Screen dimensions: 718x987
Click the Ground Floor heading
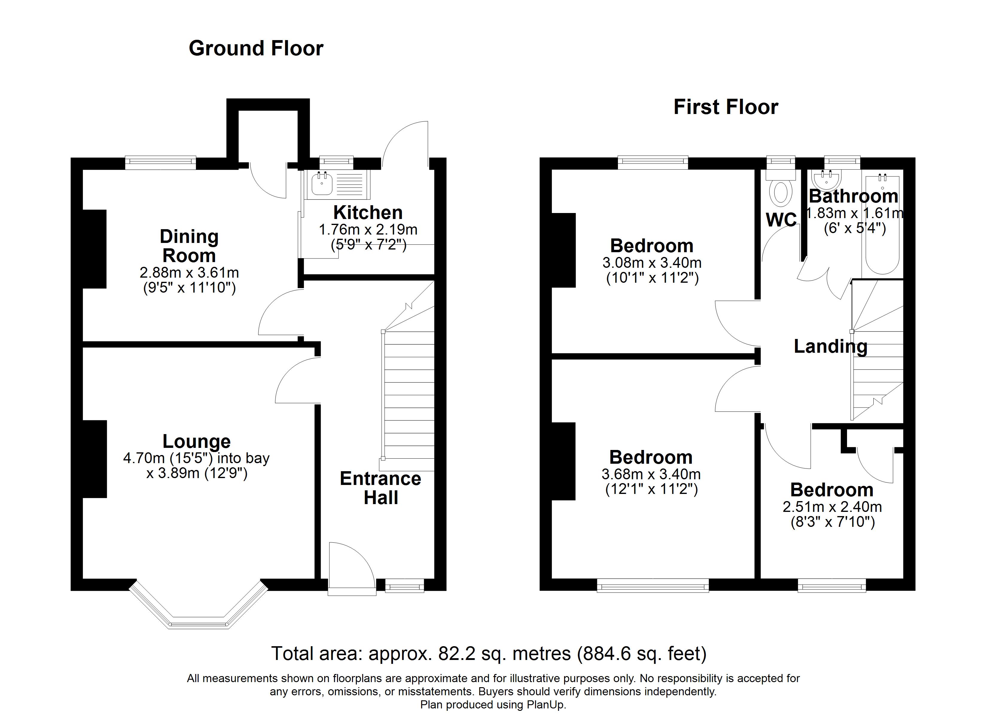pyautogui.click(x=256, y=48)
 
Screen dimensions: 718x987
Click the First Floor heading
pyautogui.click(x=726, y=107)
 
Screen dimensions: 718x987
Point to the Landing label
pyautogui.click(x=830, y=347)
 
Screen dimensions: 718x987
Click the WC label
pyautogui.click(x=781, y=220)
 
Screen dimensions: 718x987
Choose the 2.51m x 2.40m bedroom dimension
pyautogui.click(x=832, y=507)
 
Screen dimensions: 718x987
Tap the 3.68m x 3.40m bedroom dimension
pyautogui.click(x=651, y=474)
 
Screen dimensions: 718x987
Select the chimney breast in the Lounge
pyautogui.click(x=95, y=459)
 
